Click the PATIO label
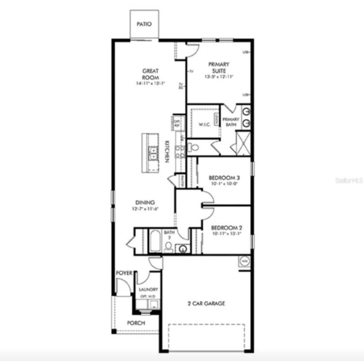coord(144,24)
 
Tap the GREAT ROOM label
coord(150,74)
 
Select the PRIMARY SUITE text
coord(219,67)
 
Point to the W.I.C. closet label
coord(205,124)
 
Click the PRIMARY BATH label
coord(231,122)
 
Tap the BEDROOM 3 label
coord(224,178)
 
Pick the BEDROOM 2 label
coord(226,228)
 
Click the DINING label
coord(145,203)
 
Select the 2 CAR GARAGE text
coord(206,303)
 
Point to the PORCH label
coord(136,323)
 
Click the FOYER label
coord(124,273)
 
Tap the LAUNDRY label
coord(148,290)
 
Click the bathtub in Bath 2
coord(155,241)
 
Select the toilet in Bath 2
coord(169,247)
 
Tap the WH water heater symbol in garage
coord(244,261)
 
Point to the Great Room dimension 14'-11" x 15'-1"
coord(150,83)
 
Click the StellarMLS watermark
coord(349,180)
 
